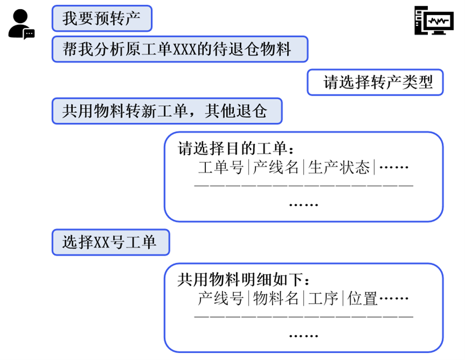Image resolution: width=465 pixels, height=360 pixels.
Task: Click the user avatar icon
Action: pos(19,23)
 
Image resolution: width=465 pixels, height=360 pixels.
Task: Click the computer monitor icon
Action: pos(433,21)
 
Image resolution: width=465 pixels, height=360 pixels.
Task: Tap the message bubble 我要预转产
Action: pos(102,19)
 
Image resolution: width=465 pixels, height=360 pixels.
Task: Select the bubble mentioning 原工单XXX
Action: pos(180,49)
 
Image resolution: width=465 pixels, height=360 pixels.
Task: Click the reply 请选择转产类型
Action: pos(375,82)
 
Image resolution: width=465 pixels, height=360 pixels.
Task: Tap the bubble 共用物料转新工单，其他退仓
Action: pos(167,111)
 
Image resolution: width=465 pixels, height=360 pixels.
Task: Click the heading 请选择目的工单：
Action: pos(237,148)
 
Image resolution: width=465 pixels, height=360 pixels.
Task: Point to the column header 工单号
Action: pos(221,168)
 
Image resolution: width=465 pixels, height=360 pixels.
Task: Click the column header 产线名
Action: pos(276,168)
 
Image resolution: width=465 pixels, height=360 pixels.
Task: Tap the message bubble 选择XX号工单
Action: pos(110,242)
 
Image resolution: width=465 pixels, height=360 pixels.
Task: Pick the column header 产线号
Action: pos(221,298)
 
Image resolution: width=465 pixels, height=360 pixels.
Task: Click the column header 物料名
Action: pos(276,298)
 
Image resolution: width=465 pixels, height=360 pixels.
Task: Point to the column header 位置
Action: pos(362,298)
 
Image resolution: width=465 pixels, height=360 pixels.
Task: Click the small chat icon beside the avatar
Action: pos(29,33)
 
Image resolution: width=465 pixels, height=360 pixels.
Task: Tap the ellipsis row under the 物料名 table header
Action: pos(304,336)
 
